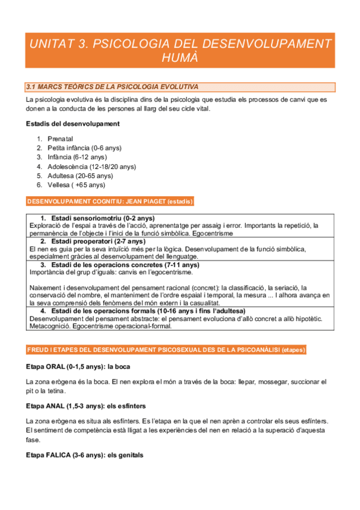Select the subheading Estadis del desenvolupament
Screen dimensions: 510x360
point(73,124)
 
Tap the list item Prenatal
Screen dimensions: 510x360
point(64,139)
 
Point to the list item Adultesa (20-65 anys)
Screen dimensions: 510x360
point(80,176)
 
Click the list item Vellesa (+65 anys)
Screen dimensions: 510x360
point(76,185)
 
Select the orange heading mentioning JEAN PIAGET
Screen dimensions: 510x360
point(109,201)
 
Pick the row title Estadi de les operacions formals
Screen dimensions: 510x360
point(144,311)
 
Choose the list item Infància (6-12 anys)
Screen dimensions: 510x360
point(77,157)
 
